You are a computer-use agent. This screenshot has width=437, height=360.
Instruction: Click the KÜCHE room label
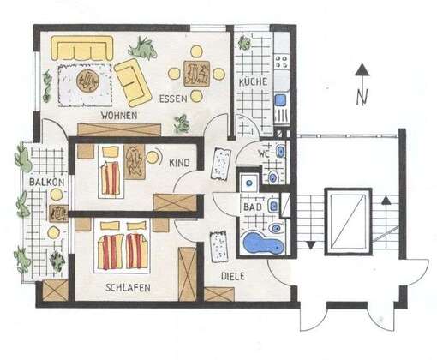(253, 82)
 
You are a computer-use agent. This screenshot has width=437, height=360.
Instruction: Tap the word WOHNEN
(119, 116)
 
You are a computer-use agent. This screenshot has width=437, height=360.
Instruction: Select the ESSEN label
(173, 99)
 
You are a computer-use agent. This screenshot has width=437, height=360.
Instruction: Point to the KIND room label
(179, 163)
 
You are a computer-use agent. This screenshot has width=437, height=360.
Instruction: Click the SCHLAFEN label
(128, 287)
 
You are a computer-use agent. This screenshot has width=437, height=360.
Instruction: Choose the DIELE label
(233, 276)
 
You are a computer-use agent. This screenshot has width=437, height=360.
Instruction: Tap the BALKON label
(47, 182)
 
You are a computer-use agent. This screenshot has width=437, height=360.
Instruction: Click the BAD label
(253, 207)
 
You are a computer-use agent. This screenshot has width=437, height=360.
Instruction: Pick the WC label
(264, 154)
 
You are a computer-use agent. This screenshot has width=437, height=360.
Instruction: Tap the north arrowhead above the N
(362, 69)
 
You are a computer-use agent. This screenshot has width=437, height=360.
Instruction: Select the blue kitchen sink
(280, 100)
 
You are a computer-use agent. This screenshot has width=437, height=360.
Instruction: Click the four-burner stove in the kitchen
(281, 62)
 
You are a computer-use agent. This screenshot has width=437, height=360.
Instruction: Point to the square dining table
(196, 74)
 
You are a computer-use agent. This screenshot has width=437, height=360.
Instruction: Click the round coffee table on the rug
(87, 81)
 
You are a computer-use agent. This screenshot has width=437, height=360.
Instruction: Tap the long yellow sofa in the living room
(82, 48)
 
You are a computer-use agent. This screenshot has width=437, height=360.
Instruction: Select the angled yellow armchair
(133, 82)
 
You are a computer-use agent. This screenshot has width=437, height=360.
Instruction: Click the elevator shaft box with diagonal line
(348, 221)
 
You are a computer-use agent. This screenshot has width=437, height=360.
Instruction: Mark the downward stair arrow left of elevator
(311, 245)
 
